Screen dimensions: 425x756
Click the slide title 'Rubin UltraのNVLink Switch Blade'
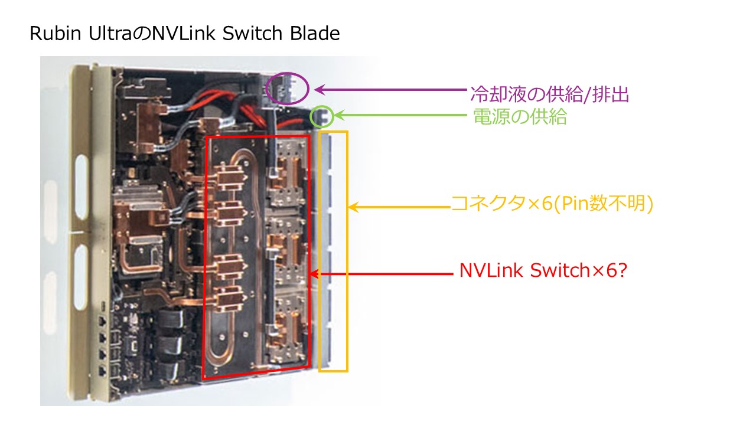point(184,34)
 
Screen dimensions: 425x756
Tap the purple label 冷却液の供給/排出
point(549,94)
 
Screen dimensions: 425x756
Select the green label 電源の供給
point(520,117)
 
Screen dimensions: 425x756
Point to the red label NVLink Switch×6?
point(543,271)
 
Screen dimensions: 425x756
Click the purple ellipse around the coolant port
point(287,89)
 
